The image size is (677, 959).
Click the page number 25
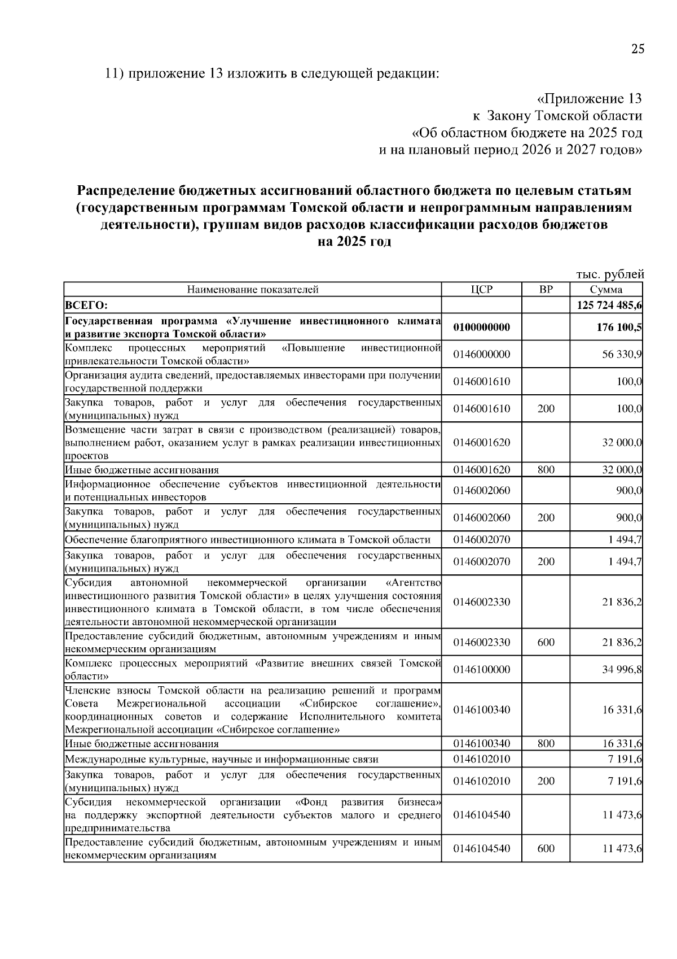[637, 49]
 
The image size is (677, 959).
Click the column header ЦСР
[481, 290]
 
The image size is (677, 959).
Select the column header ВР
[546, 290]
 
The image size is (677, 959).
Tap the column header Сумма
[606, 290]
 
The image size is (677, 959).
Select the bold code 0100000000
[481, 328]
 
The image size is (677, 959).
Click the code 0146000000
[481, 355]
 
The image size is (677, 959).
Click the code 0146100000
[481, 670]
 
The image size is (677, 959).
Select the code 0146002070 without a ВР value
[481, 540]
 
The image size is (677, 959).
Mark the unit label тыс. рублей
[609, 275]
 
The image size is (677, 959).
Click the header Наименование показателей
[253, 290]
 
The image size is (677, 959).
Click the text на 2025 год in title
[354, 242]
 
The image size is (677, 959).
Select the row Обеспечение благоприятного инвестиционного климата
[248, 540]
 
